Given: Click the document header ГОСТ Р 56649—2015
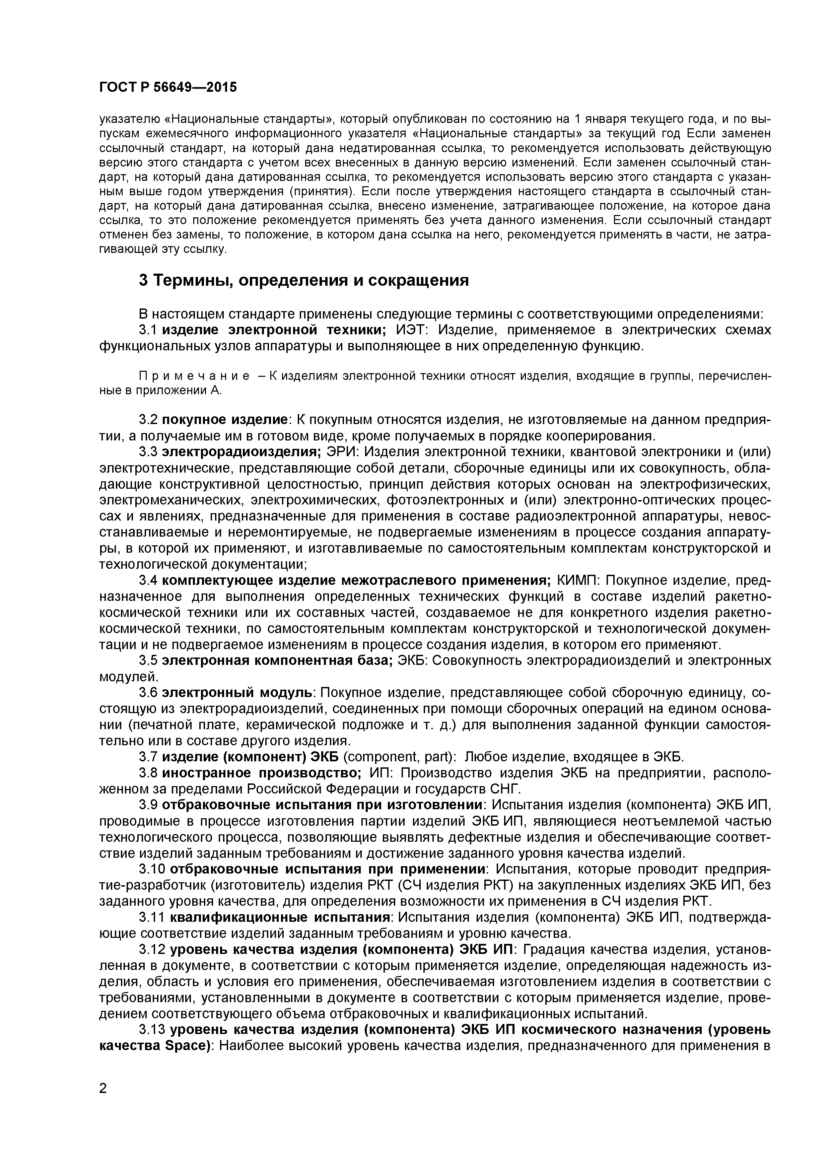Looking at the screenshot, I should (x=168, y=87).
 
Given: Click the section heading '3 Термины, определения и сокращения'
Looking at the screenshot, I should (x=304, y=280).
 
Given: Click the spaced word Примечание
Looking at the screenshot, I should (x=195, y=376).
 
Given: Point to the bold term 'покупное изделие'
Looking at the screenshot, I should (x=225, y=420).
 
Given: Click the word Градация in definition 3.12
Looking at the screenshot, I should (x=555, y=949).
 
